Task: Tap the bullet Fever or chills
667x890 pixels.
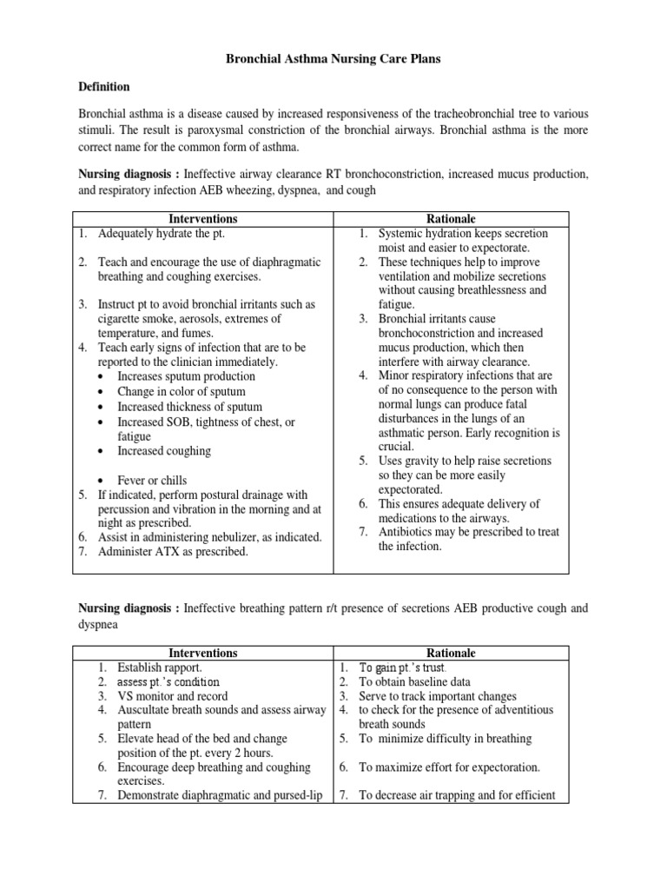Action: [152, 480]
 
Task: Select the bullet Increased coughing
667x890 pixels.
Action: [163, 451]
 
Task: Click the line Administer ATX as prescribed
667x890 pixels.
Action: [173, 552]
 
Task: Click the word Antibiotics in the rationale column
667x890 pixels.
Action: [408, 532]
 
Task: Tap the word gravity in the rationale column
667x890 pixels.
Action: [426, 461]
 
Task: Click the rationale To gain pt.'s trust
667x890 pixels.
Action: [402, 667]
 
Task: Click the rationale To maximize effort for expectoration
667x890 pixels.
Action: [449, 767]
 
